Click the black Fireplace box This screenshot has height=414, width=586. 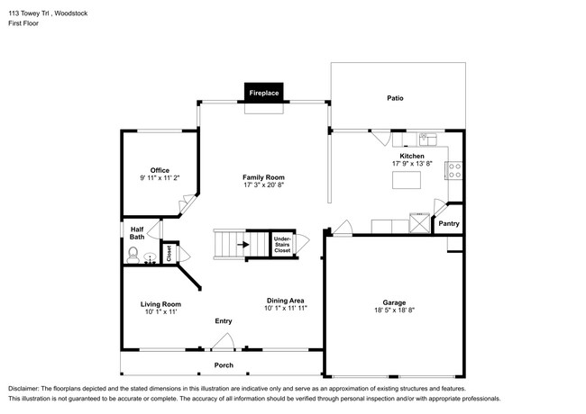[264, 92]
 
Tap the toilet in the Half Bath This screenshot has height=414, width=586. [133, 255]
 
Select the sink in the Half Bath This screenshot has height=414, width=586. [151, 258]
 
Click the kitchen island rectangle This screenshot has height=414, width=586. [407, 180]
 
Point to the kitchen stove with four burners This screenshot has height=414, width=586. [453, 170]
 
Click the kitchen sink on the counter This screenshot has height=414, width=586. [428, 139]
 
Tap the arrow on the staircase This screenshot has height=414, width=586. [243, 245]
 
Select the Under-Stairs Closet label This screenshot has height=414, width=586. [282, 245]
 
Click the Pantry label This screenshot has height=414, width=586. [449, 223]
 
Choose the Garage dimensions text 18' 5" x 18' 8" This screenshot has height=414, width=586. [394, 310]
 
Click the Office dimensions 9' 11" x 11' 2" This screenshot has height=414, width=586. [160, 178]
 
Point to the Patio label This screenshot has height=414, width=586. [395, 98]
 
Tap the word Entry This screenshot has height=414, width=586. [224, 321]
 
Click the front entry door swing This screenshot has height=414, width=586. [223, 341]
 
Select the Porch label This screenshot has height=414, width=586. [224, 365]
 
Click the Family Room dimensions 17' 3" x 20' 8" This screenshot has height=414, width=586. [263, 185]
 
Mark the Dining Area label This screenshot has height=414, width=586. [285, 301]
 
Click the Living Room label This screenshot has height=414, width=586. [160, 304]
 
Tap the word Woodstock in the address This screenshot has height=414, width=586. [71, 13]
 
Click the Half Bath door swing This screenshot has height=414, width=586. [155, 229]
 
